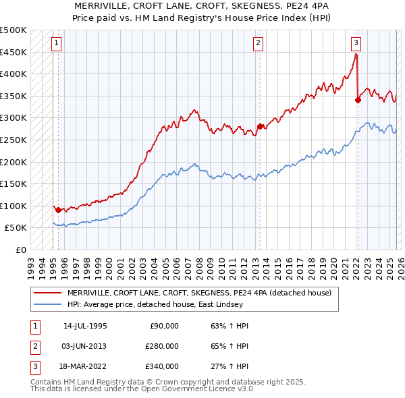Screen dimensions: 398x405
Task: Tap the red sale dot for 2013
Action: (259, 126)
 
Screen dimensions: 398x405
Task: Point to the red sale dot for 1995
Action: (58, 210)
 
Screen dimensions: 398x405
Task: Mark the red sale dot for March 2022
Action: (358, 101)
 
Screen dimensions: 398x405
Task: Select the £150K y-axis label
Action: (13, 183)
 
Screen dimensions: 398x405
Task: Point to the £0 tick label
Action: (20, 250)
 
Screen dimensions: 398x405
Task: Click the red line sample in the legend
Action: (48, 293)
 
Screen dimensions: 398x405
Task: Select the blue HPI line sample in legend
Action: (48, 305)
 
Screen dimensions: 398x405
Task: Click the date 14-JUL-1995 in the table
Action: (85, 326)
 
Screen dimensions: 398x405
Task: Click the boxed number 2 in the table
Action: (34, 346)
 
